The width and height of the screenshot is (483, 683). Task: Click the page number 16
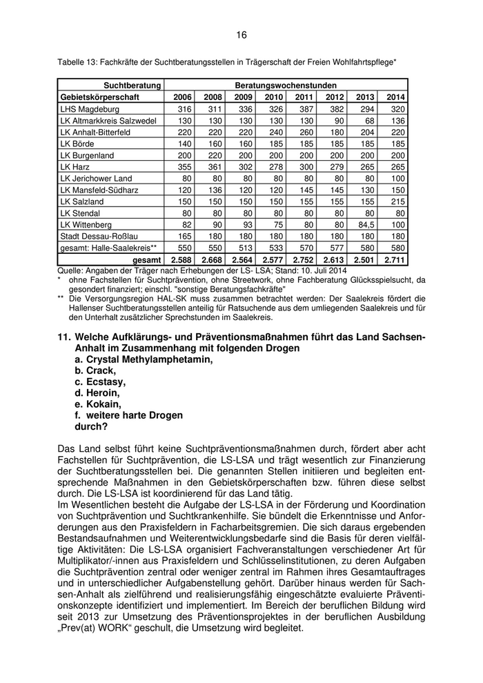241,34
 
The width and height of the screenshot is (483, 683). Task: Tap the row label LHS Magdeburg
90,109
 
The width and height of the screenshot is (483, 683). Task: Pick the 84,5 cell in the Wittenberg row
365,224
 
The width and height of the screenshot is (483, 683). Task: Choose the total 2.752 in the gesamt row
302,260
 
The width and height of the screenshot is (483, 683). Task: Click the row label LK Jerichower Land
96,178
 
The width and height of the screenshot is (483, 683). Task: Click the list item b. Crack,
96,370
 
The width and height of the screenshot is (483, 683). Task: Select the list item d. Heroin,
98,393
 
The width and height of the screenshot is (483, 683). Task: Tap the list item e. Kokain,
98,404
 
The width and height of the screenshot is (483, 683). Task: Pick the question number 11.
64,336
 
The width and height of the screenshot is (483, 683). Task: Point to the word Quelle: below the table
71,271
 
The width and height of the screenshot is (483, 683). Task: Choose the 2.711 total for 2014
394,260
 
